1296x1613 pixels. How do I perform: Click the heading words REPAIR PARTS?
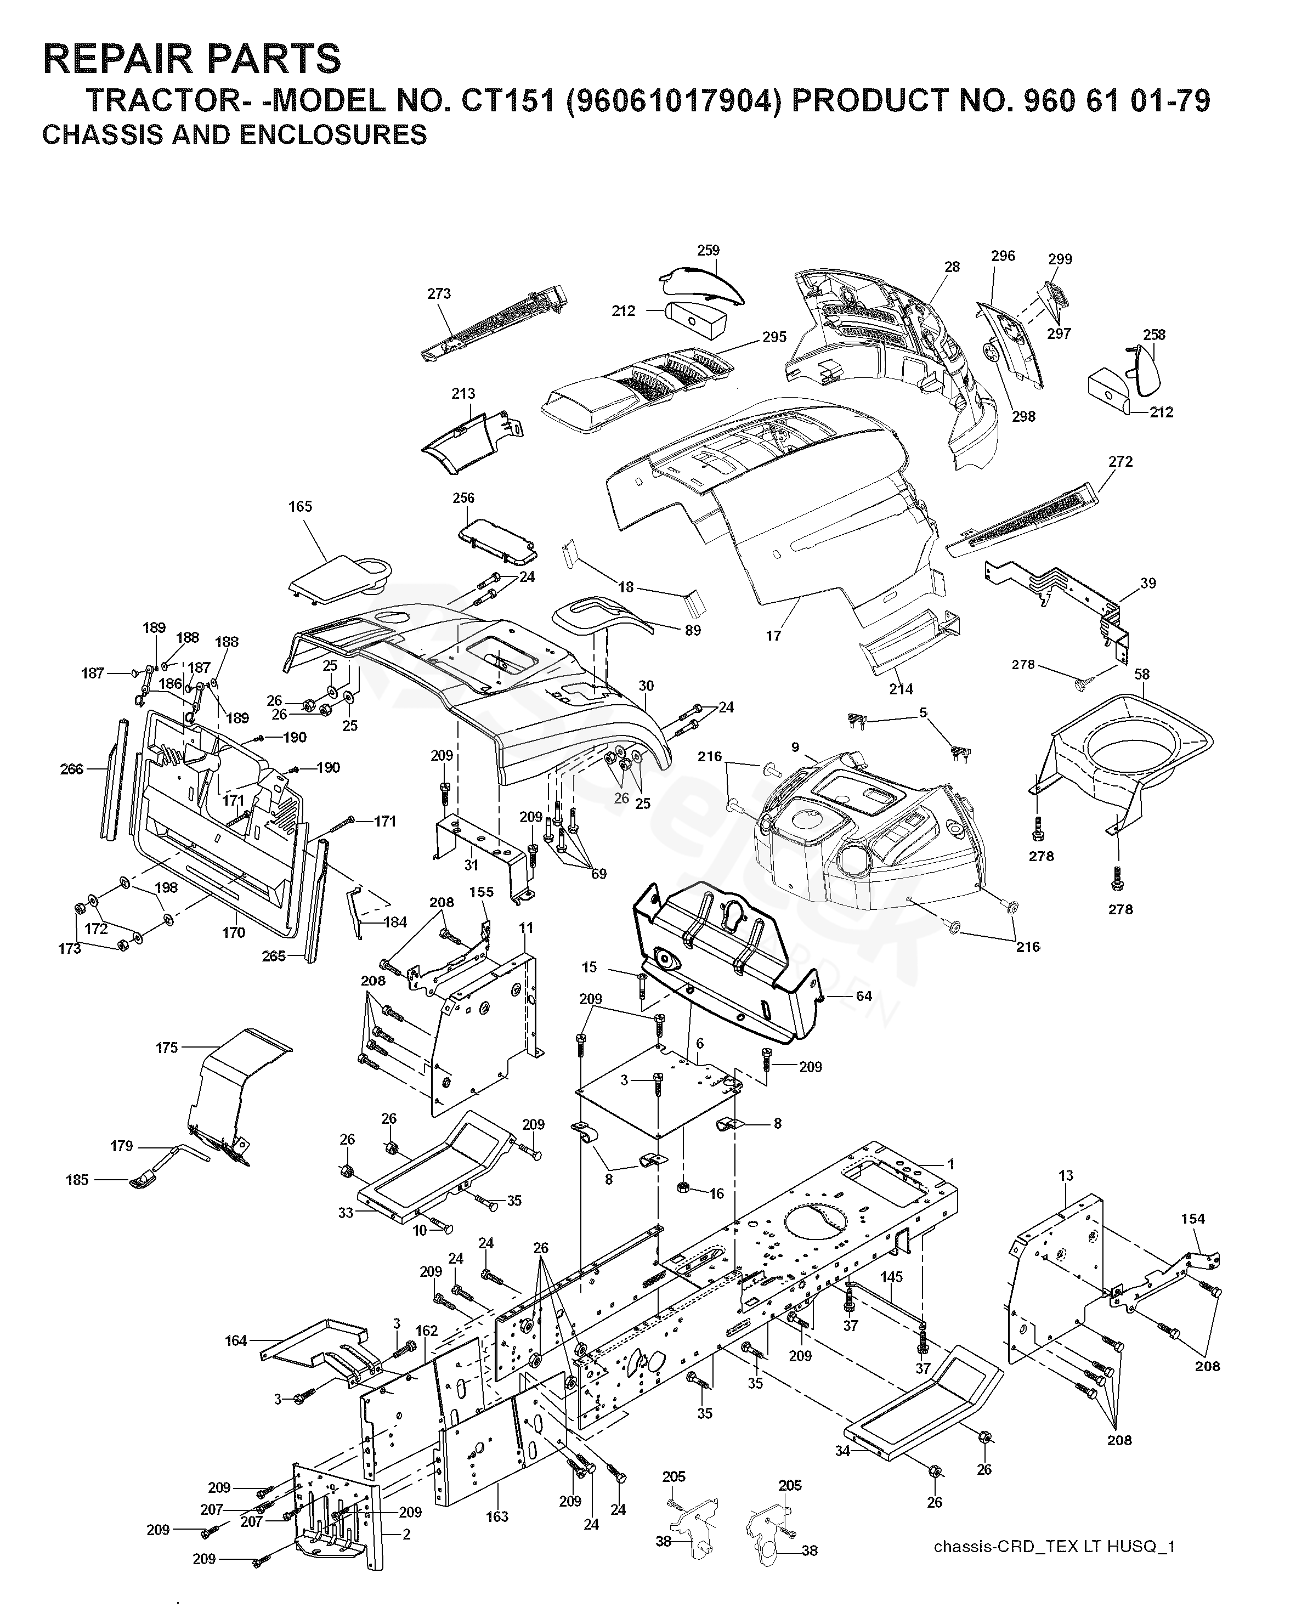coord(191,58)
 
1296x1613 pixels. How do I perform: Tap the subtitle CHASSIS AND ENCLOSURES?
coord(234,135)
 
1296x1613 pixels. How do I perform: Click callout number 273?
coord(439,294)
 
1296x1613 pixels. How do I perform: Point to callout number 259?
coord(708,251)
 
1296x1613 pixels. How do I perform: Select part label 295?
coord(774,337)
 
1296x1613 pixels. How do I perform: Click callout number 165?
coord(300,506)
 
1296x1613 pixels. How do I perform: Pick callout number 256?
coord(463,498)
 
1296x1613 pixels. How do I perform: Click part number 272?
coord(1120,462)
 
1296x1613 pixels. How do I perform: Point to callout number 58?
coord(1142,674)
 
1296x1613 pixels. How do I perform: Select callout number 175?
coord(167,1048)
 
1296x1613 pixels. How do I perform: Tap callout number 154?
coord(1193,1219)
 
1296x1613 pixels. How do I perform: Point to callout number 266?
coord(72,769)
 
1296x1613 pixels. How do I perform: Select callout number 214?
coord(901,689)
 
